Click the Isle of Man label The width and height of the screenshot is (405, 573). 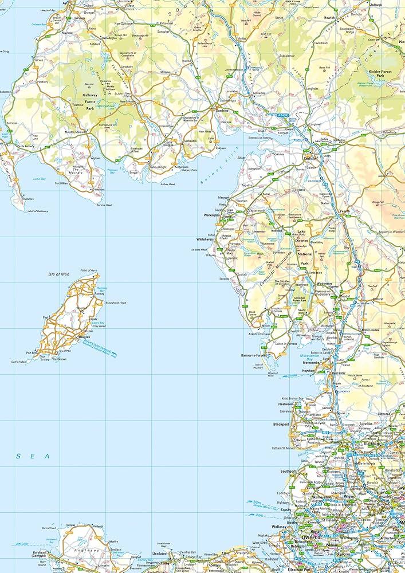[x=58, y=274]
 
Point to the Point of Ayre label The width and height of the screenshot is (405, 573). [x=89, y=269]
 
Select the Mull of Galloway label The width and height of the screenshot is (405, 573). [x=38, y=211]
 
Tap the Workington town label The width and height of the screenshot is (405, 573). [x=211, y=215]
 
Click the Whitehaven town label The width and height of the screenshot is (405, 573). [x=205, y=239]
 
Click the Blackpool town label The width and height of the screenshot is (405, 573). [x=281, y=425]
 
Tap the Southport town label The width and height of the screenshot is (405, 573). [x=289, y=472]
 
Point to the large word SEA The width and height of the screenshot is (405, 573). [x=33, y=456]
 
